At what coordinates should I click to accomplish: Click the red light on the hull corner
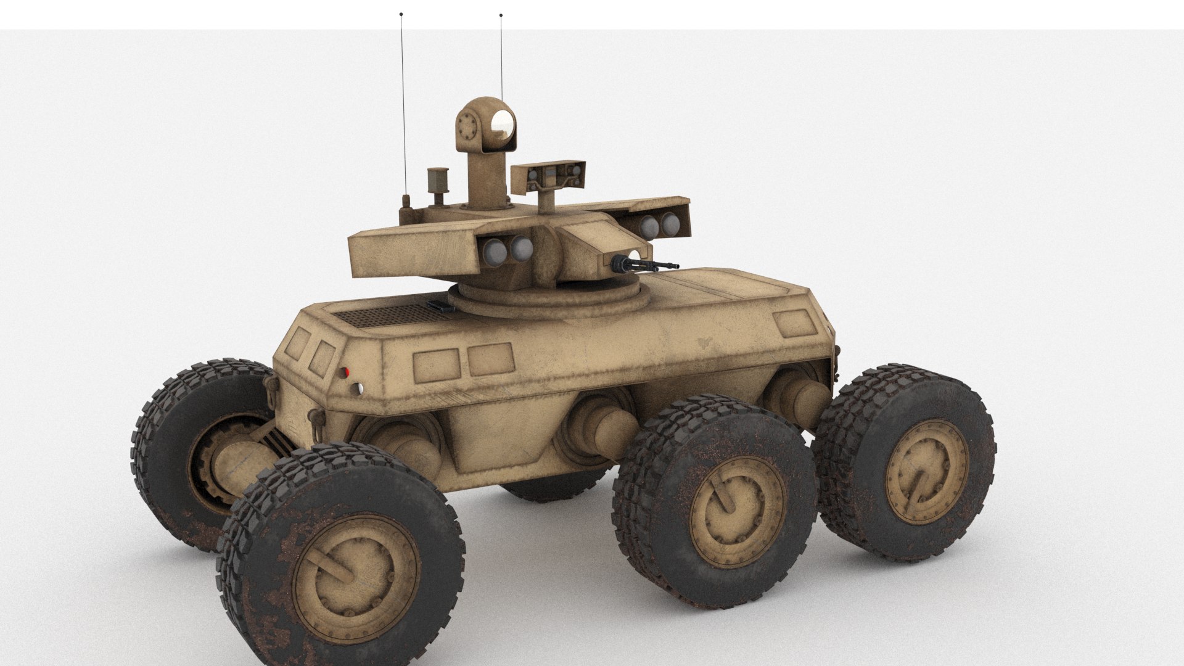coord(347,372)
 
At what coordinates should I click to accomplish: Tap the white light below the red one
coord(358,387)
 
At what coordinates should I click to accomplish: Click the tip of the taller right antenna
coord(501,15)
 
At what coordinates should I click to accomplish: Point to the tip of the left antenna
coord(401,13)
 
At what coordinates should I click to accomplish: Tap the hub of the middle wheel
coord(736,511)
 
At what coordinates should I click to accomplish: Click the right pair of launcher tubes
coord(659,225)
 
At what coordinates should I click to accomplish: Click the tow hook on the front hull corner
coord(271,385)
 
